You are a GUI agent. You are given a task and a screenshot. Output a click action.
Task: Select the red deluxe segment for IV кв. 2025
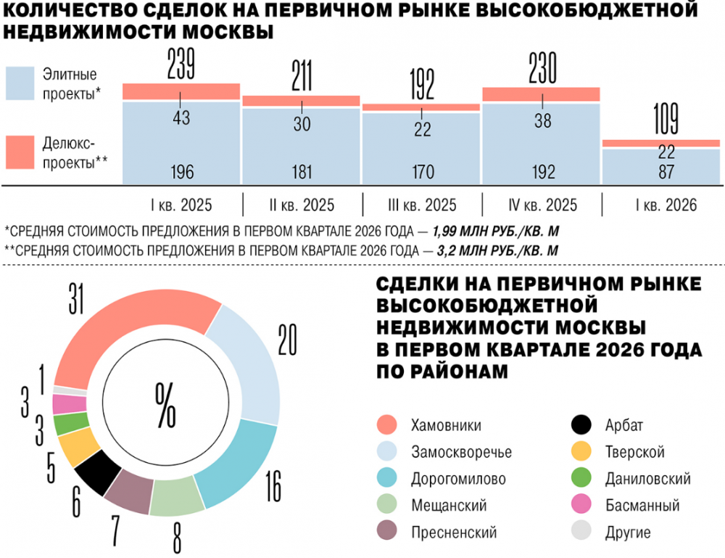pyautogui.click(x=541, y=94)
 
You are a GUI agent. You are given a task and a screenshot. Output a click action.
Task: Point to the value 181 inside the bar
pyautogui.click(x=301, y=173)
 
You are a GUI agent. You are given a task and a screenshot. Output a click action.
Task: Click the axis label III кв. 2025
pyautogui.click(x=422, y=205)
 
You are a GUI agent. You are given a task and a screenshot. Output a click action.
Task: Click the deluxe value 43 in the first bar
pyautogui.click(x=181, y=117)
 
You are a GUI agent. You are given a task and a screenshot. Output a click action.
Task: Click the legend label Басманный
pyautogui.click(x=642, y=506)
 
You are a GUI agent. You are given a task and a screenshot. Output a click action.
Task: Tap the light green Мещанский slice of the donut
pyautogui.click(x=177, y=499)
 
